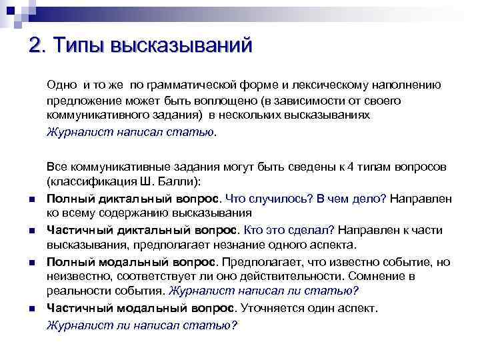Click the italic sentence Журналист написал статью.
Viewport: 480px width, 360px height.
tap(131, 131)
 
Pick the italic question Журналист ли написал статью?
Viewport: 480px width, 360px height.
tap(142, 325)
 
